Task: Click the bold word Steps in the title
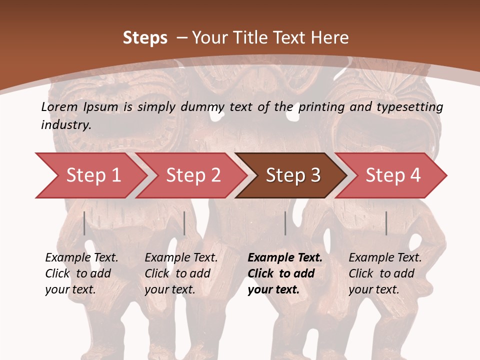(145, 38)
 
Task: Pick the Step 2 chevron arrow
(192, 175)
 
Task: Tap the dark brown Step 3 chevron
(292, 175)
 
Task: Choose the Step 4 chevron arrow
(392, 175)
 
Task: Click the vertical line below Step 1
(84, 223)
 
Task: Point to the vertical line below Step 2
(184, 223)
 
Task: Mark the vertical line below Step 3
(285, 223)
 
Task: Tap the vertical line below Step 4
(386, 223)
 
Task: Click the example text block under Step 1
(81, 273)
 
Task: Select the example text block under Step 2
(181, 273)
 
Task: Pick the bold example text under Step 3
(285, 273)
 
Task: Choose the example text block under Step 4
(385, 273)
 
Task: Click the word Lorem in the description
(59, 107)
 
